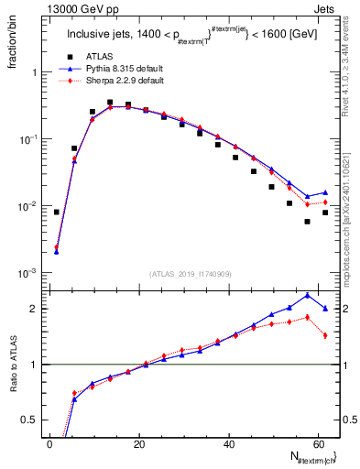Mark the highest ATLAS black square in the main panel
(x=110, y=103)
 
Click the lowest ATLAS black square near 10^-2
(x=307, y=222)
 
